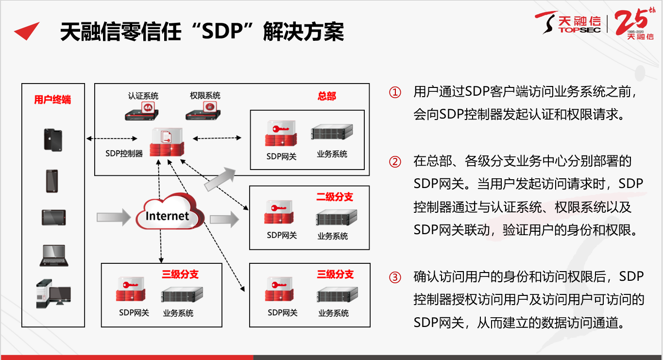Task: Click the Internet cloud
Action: (x=170, y=212)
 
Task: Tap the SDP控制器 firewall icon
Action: (x=167, y=142)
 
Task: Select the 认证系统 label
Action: (x=143, y=96)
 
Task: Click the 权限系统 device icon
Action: (x=204, y=111)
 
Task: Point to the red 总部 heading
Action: (x=327, y=96)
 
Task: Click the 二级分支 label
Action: (x=335, y=197)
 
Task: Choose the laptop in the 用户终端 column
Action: (x=54, y=256)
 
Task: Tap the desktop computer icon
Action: (x=53, y=293)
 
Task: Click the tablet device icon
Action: (x=53, y=218)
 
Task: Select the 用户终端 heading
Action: (x=52, y=100)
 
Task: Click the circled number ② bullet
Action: (x=395, y=162)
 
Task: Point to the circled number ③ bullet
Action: (x=395, y=277)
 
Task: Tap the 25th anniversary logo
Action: (x=635, y=24)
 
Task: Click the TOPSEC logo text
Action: (x=579, y=30)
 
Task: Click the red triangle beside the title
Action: (x=27, y=31)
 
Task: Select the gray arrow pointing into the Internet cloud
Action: (x=114, y=217)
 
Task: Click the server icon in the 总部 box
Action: (x=332, y=132)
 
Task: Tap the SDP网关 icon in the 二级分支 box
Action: (x=279, y=212)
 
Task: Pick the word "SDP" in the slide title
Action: (x=221, y=32)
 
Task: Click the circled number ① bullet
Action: (x=395, y=92)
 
